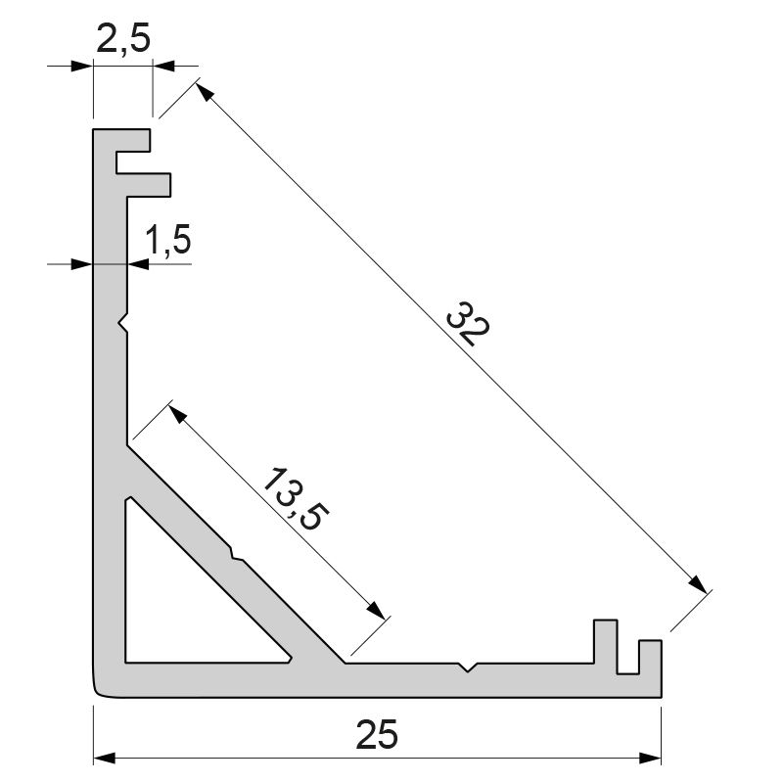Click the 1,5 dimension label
(167, 240)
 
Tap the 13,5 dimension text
(293, 499)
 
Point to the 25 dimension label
(378, 734)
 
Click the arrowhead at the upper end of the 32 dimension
(204, 92)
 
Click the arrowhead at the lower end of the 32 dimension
(696, 584)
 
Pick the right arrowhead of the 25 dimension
(651, 759)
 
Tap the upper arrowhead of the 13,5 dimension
(178, 413)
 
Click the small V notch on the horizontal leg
(471, 668)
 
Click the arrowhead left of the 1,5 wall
(82, 263)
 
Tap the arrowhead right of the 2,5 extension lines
(163, 66)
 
